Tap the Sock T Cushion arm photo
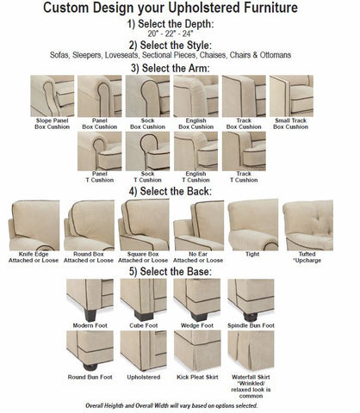point(147,150)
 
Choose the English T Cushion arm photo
point(196,150)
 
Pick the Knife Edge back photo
point(33,224)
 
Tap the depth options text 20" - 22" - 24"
point(180,31)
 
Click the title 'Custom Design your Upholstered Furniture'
point(180,8)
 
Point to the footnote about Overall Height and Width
point(179,404)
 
